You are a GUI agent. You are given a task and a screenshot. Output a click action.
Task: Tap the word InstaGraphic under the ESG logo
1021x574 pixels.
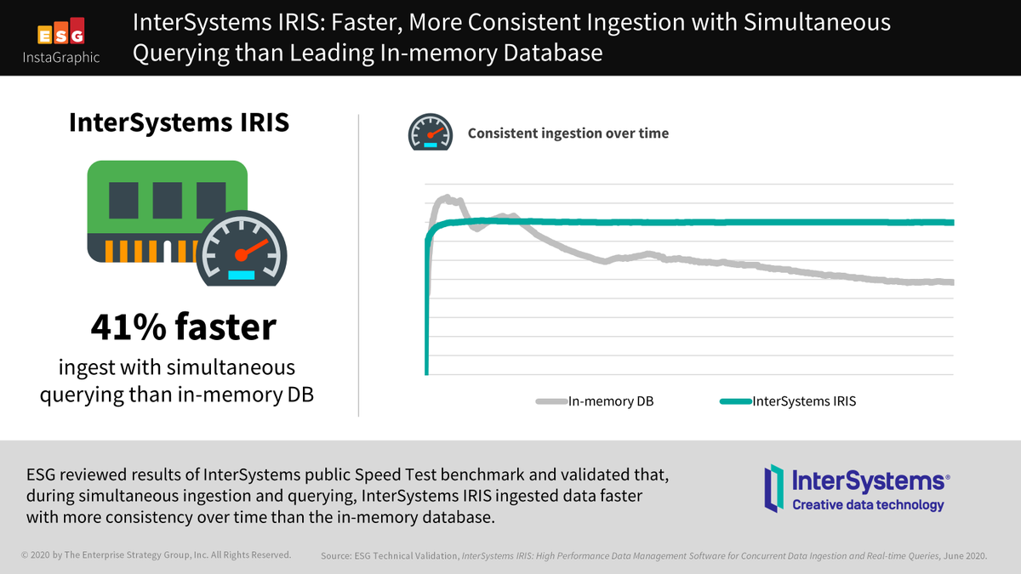(60, 58)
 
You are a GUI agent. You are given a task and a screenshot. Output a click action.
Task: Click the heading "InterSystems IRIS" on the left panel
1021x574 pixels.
(179, 122)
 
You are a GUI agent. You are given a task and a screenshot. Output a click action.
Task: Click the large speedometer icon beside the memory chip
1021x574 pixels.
(242, 250)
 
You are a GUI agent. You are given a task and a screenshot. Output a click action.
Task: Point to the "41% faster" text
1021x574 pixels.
(184, 327)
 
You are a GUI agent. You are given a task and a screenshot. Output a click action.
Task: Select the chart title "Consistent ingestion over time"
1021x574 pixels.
(568, 134)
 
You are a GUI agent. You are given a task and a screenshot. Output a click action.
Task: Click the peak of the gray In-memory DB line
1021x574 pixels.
(445, 198)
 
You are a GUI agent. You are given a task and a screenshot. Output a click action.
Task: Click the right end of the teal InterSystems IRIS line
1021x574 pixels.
(951, 223)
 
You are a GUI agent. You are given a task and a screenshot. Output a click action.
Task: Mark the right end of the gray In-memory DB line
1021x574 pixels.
(951, 282)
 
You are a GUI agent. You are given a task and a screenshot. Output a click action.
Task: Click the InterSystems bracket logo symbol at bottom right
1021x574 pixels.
(773, 488)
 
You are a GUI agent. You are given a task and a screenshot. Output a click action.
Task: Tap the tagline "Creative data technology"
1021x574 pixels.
(868, 505)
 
